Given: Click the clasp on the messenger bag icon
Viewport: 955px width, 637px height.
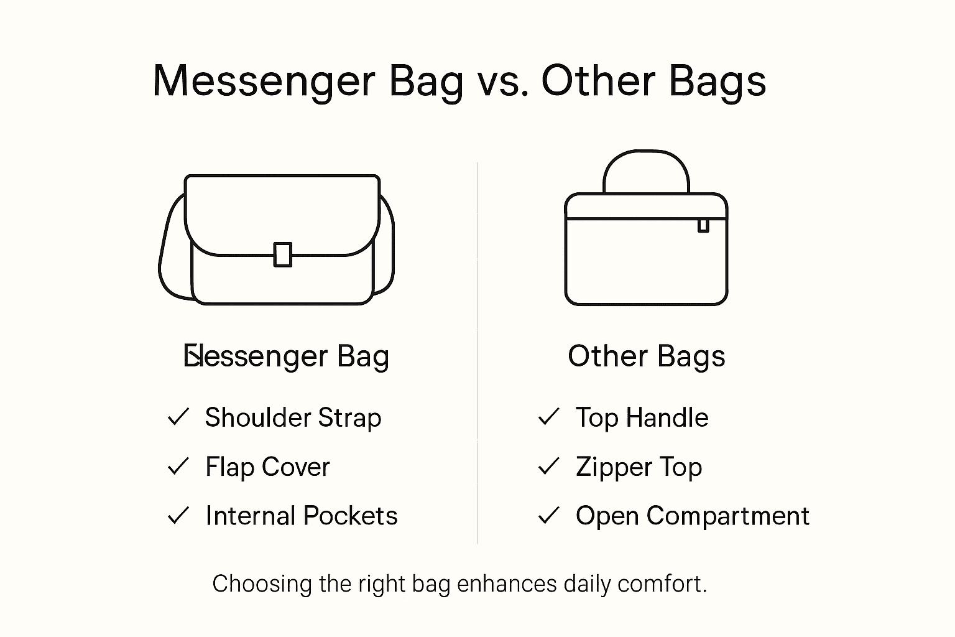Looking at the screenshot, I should click(283, 254).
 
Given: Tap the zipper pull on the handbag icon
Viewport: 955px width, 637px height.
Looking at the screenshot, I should click(703, 225).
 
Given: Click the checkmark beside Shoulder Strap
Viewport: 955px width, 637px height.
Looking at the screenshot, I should click(178, 417).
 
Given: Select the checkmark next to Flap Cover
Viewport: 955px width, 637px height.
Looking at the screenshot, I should click(178, 467).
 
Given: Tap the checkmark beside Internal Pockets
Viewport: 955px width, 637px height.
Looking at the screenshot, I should click(178, 516).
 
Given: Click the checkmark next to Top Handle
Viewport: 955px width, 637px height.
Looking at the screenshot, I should click(548, 417).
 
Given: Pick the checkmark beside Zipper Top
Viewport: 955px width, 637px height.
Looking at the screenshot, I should click(548, 467).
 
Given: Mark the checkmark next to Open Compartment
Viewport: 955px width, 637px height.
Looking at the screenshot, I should click(548, 516).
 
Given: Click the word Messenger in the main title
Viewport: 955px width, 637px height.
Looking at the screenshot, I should click(264, 81).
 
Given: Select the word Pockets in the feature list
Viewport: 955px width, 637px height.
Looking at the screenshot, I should click(351, 516).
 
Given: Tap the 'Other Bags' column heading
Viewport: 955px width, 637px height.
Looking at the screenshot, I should click(647, 356).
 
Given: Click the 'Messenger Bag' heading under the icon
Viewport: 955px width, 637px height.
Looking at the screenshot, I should click(287, 356).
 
